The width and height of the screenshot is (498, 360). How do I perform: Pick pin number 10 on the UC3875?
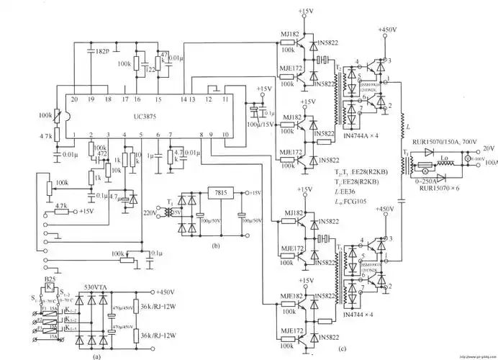pyautogui.click(x=225, y=135)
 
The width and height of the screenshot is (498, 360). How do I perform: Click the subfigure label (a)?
pyautogui.click(x=97, y=354)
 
